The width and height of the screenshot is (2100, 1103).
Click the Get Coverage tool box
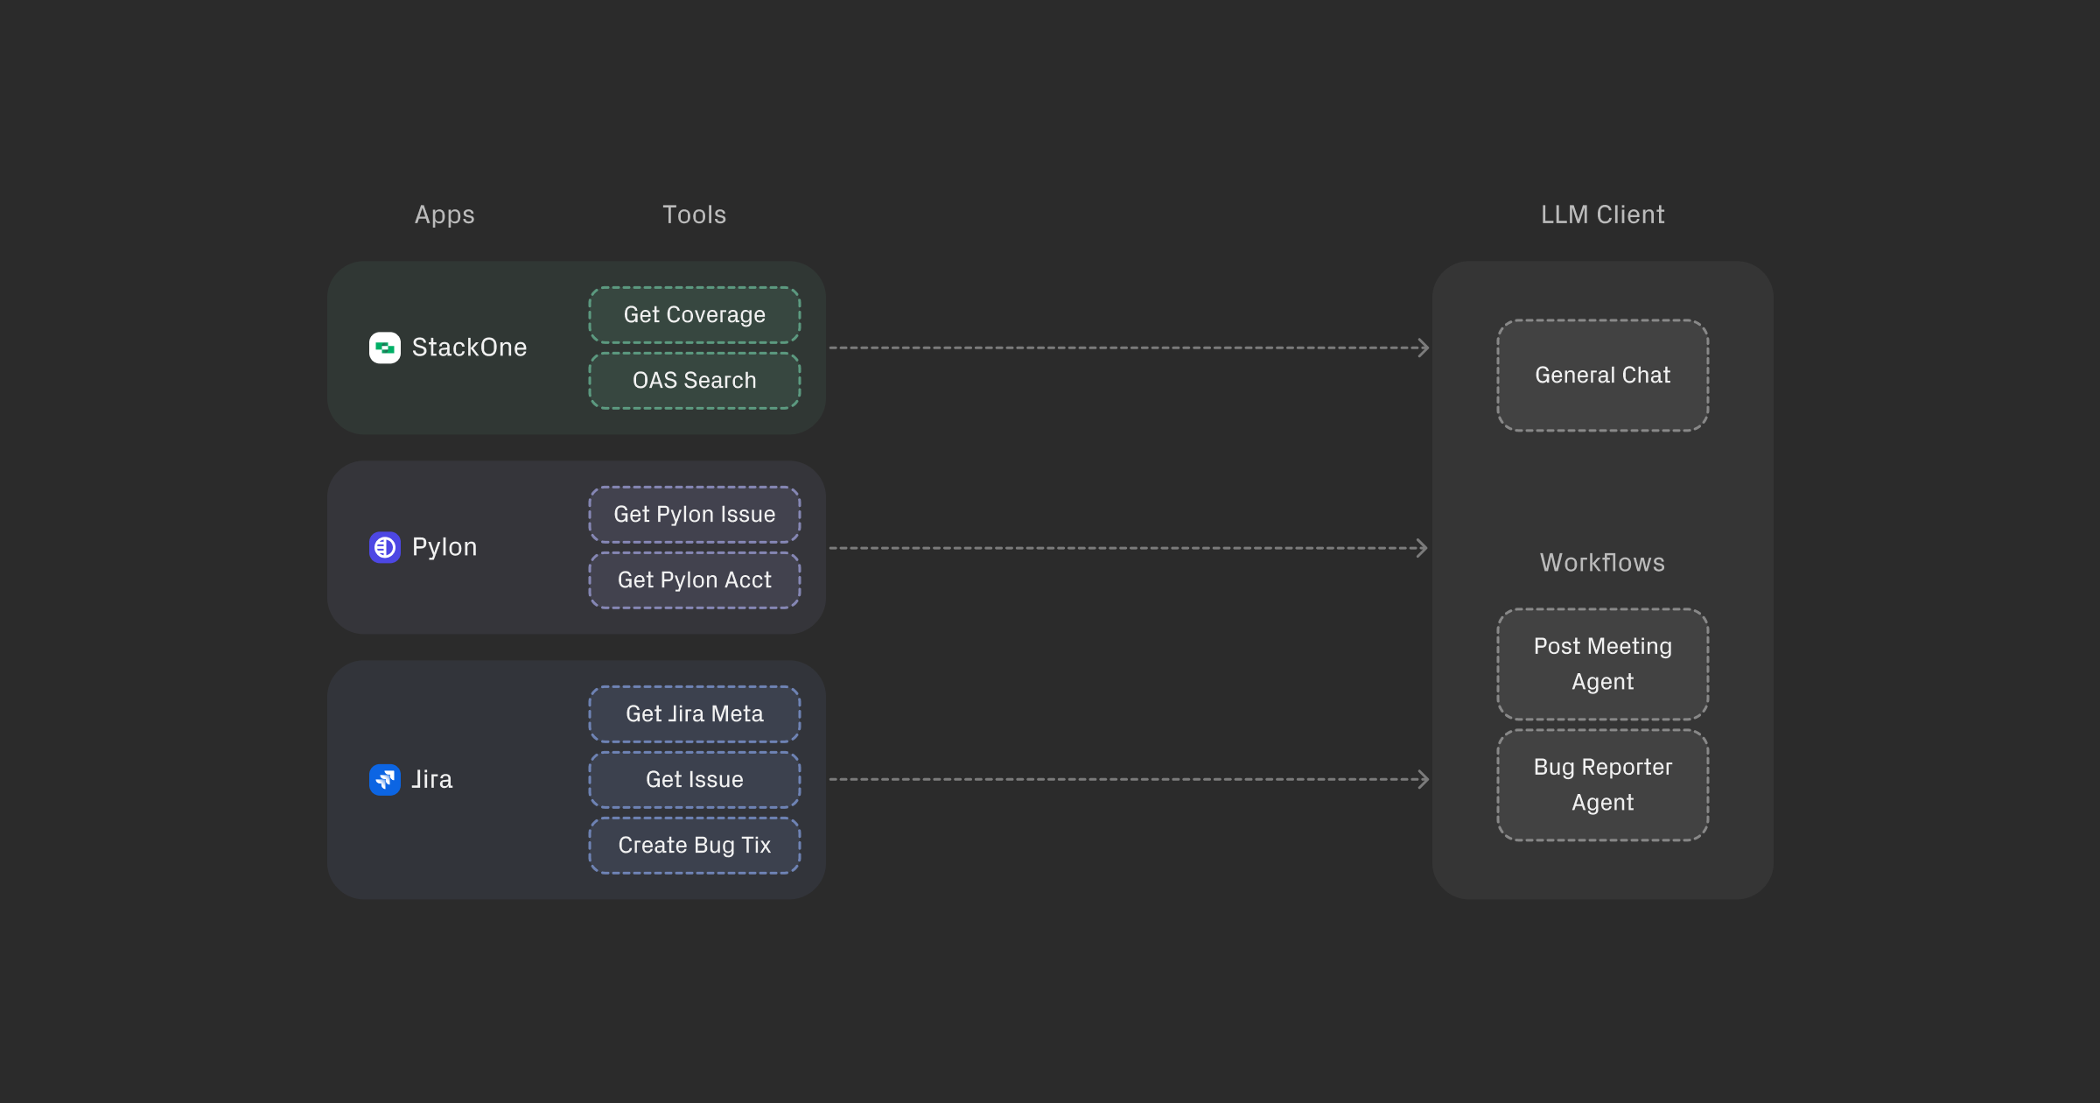click(x=694, y=314)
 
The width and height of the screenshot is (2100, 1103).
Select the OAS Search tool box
click(x=694, y=381)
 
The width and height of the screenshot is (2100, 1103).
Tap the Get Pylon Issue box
click(x=694, y=514)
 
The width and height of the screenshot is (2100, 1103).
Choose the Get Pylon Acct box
click(x=694, y=580)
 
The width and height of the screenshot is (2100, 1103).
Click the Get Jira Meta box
click(x=694, y=713)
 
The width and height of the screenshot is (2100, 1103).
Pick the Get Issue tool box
click(x=694, y=779)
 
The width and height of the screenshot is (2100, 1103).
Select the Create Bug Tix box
click(x=694, y=845)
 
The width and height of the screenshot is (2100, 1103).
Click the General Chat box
click(x=1602, y=375)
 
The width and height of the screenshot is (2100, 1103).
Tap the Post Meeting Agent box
click(x=1602, y=664)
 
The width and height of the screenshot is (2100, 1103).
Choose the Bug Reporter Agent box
click(x=1602, y=784)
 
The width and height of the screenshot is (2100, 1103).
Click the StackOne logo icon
click(x=385, y=348)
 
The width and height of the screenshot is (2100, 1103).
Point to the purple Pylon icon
click(x=385, y=547)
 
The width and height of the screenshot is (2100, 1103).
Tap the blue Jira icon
click(x=385, y=779)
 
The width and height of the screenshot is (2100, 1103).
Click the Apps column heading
click(x=444, y=214)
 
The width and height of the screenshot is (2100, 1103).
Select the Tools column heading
click(x=694, y=214)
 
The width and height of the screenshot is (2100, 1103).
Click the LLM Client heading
click(x=1602, y=214)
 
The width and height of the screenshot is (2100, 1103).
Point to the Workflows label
click(x=1602, y=562)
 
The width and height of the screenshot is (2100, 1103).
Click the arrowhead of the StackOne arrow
click(x=1424, y=348)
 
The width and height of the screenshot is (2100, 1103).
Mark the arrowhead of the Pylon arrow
click(x=1423, y=548)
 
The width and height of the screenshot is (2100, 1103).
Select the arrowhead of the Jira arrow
click(x=1424, y=779)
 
